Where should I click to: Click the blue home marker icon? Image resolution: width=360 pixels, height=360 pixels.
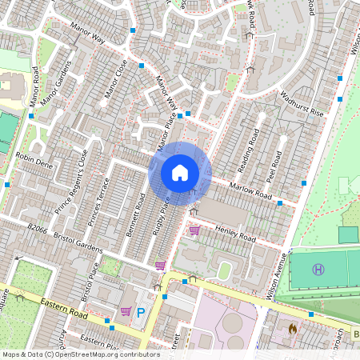[x=180, y=172]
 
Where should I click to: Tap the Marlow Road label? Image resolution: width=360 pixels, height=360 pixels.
[x=250, y=192]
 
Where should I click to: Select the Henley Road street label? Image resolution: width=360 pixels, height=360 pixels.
[x=235, y=234]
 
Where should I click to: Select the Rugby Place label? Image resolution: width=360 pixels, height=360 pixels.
[x=162, y=218]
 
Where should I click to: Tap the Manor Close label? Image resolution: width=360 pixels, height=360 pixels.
[x=116, y=80]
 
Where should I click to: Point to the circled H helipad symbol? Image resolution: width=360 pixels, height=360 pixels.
[x=318, y=270]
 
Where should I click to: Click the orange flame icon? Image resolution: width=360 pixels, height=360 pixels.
[x=292, y=328]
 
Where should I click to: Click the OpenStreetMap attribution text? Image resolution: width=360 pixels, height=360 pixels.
[x=82, y=354]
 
